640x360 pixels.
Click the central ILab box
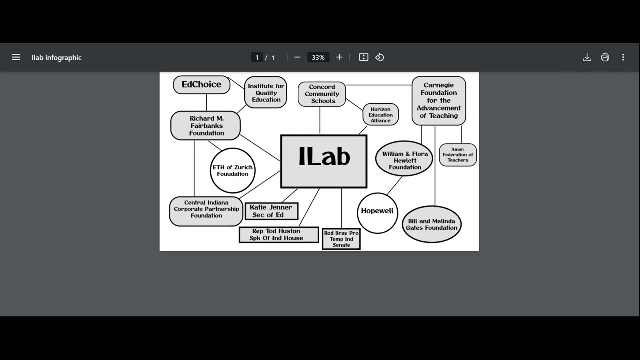tap(324, 161)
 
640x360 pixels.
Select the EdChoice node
tap(201, 85)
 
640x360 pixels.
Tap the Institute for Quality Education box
tap(266, 93)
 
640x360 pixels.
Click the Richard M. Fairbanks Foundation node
tap(206, 126)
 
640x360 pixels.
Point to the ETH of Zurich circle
tap(232, 171)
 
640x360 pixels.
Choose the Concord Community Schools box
tap(322, 94)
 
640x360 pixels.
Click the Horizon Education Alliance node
tap(380, 115)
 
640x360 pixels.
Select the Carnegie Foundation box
tap(438, 100)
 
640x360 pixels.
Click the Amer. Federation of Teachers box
tap(457, 155)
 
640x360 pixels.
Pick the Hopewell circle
tap(377, 211)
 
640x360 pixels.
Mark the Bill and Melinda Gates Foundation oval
tap(431, 224)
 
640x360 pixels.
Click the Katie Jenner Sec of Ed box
tap(271, 211)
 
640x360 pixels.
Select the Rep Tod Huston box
tap(278, 235)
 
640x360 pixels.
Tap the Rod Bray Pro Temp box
tap(341, 239)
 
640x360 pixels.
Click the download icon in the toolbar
tap(587, 57)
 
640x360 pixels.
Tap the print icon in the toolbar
tap(605, 57)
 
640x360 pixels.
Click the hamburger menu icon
tap(16, 57)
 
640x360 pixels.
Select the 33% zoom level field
tap(318, 57)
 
